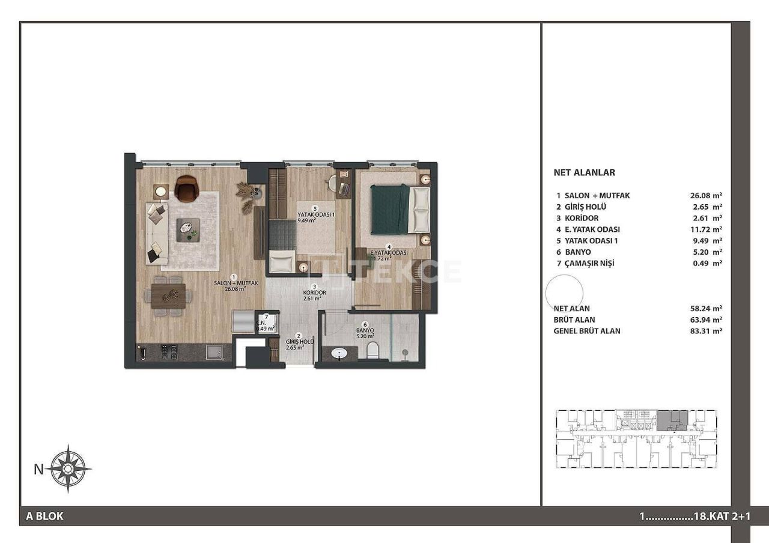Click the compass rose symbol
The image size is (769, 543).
pos(70,469)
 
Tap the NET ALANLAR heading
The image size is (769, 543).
pos(584,172)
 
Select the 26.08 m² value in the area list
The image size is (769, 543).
pos(706,195)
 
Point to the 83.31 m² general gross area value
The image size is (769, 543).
pos(706,331)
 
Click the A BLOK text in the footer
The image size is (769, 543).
pos(45,516)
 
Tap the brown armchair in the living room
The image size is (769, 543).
pos(186,189)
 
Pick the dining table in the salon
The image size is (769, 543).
pos(168,296)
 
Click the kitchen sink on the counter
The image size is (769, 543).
pos(214,353)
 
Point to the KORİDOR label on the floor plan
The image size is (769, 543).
pos(314,293)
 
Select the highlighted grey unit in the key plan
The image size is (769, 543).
pos(672,420)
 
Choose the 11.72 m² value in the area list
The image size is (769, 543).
pos(706,229)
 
